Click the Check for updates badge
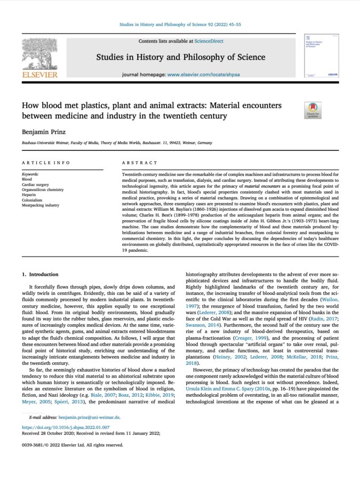[312, 110]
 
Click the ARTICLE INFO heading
[41, 163]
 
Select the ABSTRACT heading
[140, 163]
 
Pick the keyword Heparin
[29, 195]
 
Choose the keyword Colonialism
[31, 200]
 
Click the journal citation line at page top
[180, 24]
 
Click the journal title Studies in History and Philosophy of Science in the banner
[180, 57]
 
